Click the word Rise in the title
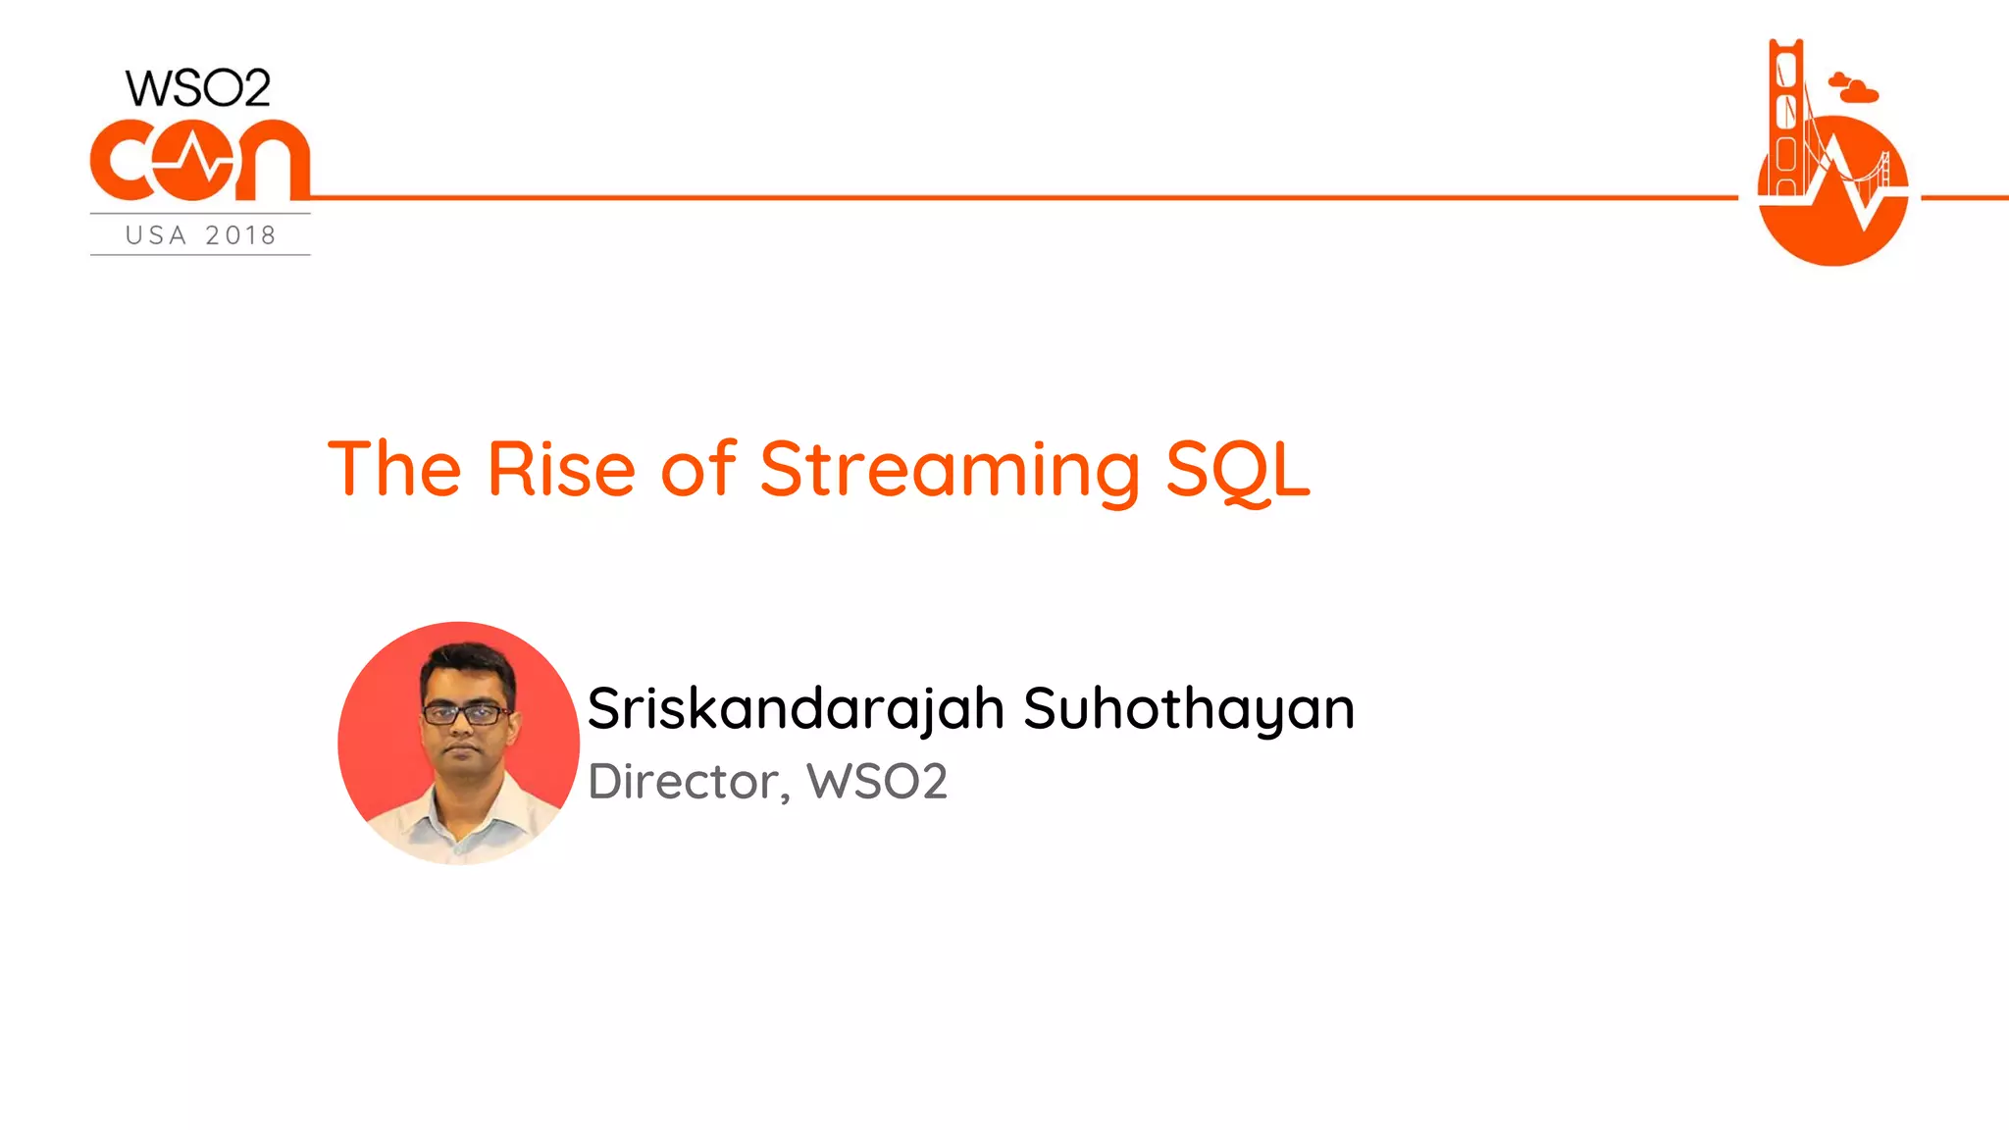click(x=560, y=470)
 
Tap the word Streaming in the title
click(x=950, y=470)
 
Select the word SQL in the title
click(x=1237, y=470)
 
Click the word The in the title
click(x=394, y=470)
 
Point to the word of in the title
click(x=697, y=470)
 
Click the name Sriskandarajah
click(x=796, y=709)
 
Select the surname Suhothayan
click(x=1188, y=709)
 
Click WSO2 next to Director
click(x=876, y=782)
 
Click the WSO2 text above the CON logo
click(x=198, y=89)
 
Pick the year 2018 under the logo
click(x=240, y=235)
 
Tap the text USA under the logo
click(x=156, y=235)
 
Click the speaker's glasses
click(x=465, y=714)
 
